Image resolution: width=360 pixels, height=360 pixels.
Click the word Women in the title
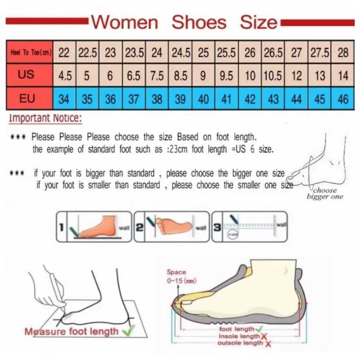[x=125, y=22]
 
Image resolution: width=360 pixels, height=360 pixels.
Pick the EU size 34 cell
[x=64, y=99]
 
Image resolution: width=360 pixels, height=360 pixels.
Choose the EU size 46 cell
[x=343, y=99]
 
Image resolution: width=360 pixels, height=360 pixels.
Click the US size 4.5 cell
[x=65, y=76]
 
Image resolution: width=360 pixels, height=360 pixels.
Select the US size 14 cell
[x=343, y=76]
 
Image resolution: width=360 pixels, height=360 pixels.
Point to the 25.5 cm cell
[x=227, y=53]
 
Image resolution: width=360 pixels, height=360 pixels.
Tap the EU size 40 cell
[x=203, y=99]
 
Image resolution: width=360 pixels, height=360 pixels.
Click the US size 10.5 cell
[x=273, y=76]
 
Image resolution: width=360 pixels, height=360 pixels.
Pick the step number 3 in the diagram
[x=217, y=227]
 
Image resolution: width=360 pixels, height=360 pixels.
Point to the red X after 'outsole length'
[x=268, y=343]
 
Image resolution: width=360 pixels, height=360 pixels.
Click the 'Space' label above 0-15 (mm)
[x=176, y=272]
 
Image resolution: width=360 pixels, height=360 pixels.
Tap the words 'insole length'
[x=239, y=336]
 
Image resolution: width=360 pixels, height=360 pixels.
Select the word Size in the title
[x=258, y=22]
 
